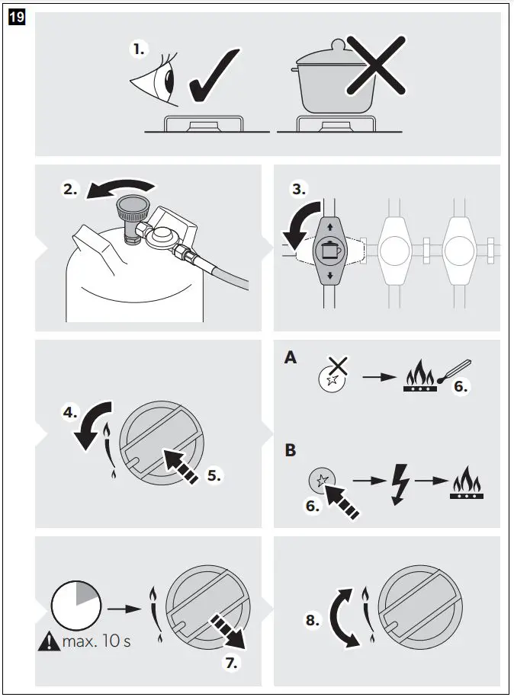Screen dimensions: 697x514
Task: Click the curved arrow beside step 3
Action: [x=295, y=224]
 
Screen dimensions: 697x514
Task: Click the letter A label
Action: [x=290, y=357]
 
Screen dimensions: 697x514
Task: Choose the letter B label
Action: [x=290, y=450]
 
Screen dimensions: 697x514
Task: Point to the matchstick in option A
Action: [x=453, y=372]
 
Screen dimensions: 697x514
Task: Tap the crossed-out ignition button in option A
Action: [x=333, y=376]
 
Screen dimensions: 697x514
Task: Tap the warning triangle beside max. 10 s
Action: [x=48, y=641]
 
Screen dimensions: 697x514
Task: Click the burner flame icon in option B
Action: [x=467, y=484]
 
